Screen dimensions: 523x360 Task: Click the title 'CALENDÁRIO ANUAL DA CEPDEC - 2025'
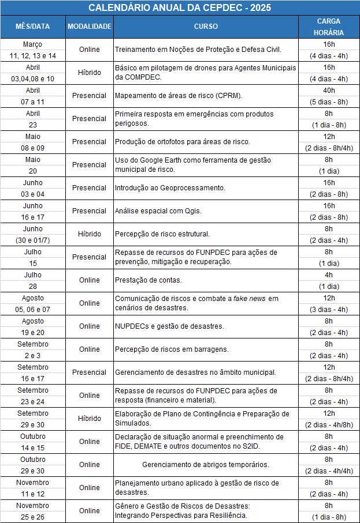point(180,7)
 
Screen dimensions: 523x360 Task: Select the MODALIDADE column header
point(89,27)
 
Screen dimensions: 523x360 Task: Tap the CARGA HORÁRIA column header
point(328,27)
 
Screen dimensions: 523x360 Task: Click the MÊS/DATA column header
point(32,27)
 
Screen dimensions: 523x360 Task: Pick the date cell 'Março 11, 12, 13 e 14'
point(33,50)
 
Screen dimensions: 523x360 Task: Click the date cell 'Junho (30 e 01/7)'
point(33,234)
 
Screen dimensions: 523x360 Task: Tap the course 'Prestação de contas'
point(149,280)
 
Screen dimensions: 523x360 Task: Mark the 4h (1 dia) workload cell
point(329,280)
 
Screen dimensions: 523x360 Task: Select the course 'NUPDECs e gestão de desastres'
point(169,326)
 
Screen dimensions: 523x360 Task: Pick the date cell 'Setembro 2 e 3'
point(33,349)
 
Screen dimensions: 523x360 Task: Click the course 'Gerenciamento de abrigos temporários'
point(206,465)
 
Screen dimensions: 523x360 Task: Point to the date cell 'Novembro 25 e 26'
point(33,511)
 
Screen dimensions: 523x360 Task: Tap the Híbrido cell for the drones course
point(90,73)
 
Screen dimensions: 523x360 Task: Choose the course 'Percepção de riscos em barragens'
point(172,349)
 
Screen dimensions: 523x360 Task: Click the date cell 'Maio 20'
point(33,165)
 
